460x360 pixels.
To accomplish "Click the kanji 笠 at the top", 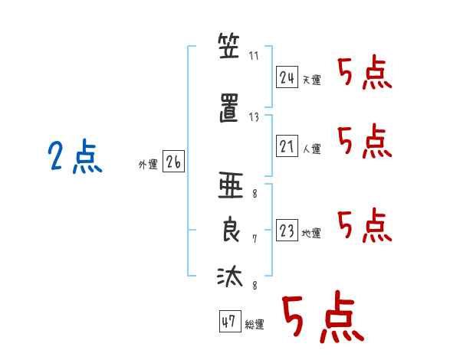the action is [228, 46].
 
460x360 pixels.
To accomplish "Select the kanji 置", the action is [229, 108].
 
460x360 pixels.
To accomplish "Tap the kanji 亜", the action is [231, 185].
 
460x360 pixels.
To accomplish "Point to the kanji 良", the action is [231, 229].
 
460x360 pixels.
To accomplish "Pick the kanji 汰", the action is [230, 276].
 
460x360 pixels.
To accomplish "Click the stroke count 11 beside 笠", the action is [254, 56].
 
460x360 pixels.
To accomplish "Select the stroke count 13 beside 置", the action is [254, 117].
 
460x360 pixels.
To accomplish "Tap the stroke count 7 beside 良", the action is [255, 239].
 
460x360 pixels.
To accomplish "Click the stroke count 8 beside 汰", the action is [255, 285].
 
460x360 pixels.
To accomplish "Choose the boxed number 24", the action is [287, 77].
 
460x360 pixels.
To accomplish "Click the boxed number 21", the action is [287, 146].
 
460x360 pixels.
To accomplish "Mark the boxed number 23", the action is [287, 230].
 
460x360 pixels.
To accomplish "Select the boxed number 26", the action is [173, 162].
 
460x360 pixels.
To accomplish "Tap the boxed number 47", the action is [230, 321].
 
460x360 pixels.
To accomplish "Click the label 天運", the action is [312, 80].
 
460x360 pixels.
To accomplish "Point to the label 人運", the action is [312, 149].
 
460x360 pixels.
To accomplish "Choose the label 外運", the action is [148, 164].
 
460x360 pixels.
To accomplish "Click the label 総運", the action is [255, 324].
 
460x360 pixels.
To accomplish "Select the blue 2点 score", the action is [75, 156].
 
